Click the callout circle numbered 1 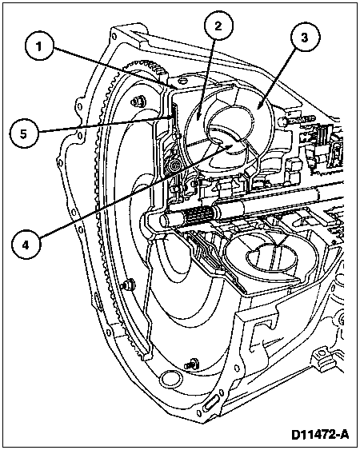(39, 46)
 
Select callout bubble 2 (218, 26)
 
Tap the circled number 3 (305, 38)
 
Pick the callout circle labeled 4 (26, 245)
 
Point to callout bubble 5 (23, 133)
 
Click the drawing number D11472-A (320, 435)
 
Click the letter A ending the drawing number (344, 435)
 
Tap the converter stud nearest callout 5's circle (138, 101)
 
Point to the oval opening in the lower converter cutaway (270, 256)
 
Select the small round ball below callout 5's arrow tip (174, 165)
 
